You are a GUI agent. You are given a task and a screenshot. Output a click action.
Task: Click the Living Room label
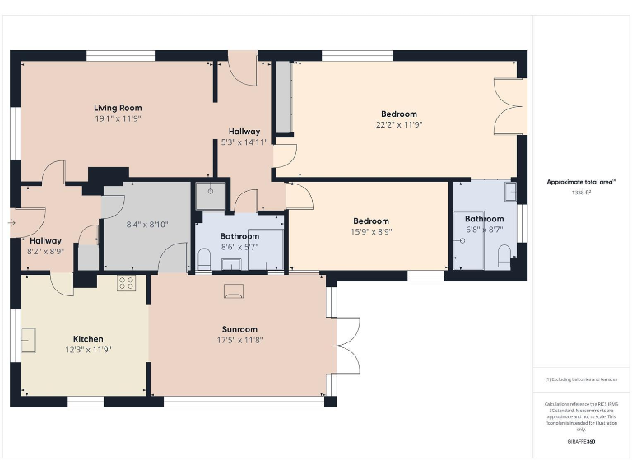[x=118, y=108]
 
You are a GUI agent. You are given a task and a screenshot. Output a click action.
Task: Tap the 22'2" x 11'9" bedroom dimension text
[x=398, y=125]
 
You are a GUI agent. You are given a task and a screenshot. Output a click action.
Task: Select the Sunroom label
[x=239, y=329]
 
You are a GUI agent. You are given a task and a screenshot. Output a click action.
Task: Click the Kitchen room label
[x=88, y=338]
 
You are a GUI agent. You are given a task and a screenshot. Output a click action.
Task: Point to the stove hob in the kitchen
[x=127, y=283]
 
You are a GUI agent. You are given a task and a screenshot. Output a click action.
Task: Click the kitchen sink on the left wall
[x=29, y=338]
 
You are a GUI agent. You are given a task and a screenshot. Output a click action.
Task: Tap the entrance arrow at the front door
[x=12, y=221]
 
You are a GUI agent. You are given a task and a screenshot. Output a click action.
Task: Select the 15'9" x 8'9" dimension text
[x=371, y=232]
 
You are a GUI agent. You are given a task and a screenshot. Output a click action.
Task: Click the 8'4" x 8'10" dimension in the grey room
[x=147, y=224]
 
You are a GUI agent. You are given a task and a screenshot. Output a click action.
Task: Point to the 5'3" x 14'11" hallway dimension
[x=244, y=142]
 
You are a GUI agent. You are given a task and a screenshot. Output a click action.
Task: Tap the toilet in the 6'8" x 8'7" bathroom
[x=504, y=256]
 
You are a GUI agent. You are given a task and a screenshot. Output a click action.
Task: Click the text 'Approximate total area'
[x=581, y=182]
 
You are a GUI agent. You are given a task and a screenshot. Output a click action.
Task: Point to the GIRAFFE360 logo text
[x=581, y=443]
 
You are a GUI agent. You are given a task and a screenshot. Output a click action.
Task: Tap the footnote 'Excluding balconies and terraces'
[x=581, y=379]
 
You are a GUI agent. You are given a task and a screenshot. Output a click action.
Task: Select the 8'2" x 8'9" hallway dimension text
[x=46, y=252]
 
